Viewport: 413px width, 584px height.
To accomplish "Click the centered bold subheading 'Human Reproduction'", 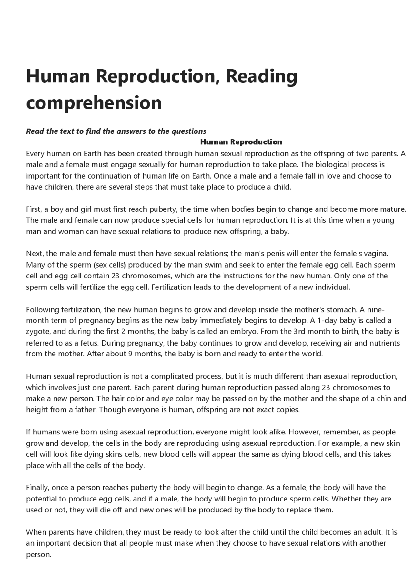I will click(x=241, y=142).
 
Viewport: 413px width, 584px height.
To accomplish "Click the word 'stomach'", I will click(x=341, y=310).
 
